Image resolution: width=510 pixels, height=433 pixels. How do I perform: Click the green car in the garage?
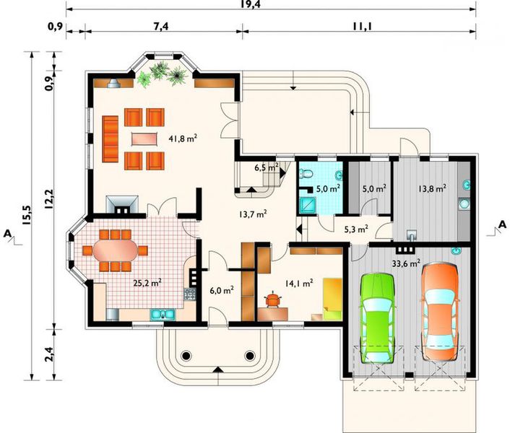click(378, 319)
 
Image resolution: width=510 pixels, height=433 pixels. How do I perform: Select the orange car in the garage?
click(440, 312)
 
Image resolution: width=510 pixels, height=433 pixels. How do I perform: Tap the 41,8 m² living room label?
click(183, 139)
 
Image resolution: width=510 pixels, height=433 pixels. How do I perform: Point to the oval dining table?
click(115, 250)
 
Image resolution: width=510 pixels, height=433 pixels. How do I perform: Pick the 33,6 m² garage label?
click(406, 263)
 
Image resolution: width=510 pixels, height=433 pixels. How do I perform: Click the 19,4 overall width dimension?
click(251, 4)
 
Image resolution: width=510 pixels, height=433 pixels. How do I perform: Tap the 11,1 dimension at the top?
click(363, 26)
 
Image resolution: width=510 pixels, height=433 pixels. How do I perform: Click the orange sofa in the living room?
click(110, 139)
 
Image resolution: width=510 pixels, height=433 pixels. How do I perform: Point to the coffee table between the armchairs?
click(144, 139)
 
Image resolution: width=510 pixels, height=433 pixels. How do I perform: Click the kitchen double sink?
click(163, 315)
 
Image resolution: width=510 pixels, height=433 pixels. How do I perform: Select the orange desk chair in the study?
click(273, 300)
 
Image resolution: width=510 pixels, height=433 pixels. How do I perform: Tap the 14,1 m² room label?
click(299, 283)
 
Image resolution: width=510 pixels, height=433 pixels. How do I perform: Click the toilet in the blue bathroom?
click(305, 174)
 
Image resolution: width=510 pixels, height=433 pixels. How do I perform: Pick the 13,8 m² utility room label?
click(432, 188)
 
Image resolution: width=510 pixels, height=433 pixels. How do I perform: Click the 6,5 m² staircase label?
click(267, 167)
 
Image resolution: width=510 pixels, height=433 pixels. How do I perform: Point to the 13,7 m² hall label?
click(253, 214)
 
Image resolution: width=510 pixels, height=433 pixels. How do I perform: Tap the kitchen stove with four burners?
click(189, 294)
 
